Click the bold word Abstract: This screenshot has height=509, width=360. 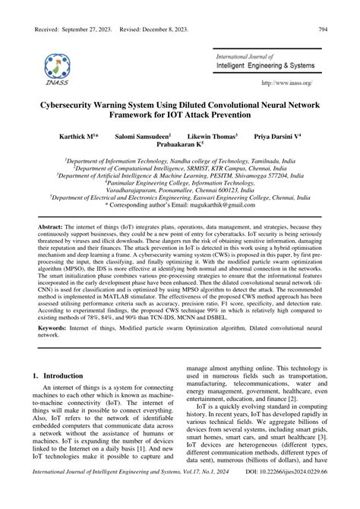click(x=52, y=227)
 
